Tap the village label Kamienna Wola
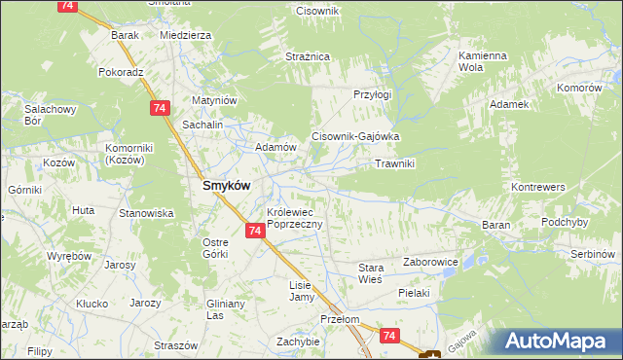(484, 62)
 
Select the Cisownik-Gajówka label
(355, 137)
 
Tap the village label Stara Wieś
(372, 271)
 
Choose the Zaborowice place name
(430, 263)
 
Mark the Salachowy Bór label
(46, 116)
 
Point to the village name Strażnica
(308, 57)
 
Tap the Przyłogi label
(372, 95)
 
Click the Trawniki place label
(395, 163)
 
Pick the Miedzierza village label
(185, 35)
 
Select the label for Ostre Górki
(214, 248)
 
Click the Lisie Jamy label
(300, 291)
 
